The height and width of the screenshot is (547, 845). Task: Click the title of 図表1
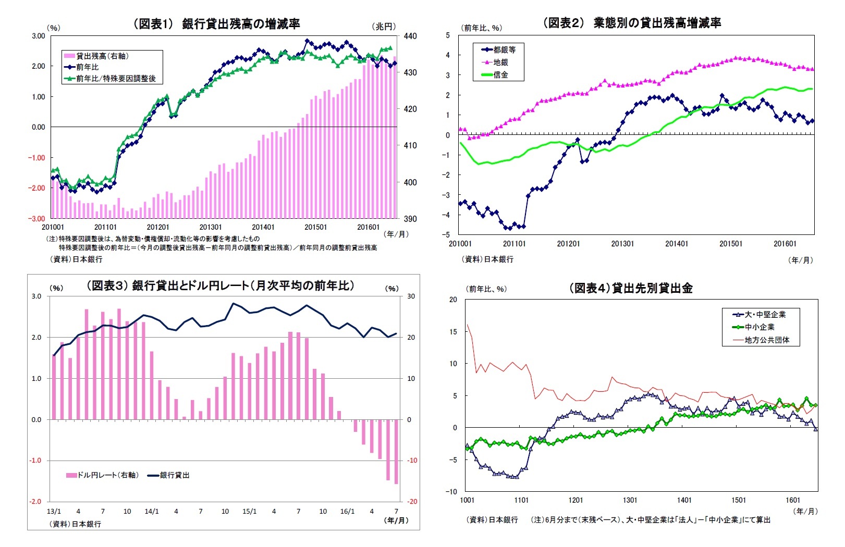216,23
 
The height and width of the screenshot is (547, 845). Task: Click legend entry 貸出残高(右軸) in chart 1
102,56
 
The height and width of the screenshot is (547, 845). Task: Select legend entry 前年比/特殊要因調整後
115,79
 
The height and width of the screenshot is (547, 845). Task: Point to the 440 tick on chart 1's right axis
410,36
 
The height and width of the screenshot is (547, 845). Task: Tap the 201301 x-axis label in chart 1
210,227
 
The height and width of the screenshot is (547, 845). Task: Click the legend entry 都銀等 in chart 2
504,50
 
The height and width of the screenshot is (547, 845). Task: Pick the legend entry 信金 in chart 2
500,75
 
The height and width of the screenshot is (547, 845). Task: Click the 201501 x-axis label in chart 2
730,244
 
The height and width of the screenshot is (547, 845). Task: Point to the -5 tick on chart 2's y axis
447,234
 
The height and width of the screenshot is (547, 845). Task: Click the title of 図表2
632,23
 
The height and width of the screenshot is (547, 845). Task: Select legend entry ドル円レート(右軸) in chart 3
107,475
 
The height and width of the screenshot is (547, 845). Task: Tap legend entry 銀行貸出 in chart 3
174,475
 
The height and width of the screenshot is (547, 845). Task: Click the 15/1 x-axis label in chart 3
250,512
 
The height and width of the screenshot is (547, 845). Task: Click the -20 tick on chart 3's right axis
412,501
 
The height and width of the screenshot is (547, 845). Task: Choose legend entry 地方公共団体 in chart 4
766,340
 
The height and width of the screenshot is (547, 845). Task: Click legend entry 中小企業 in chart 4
759,327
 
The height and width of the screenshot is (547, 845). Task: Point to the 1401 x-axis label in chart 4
684,500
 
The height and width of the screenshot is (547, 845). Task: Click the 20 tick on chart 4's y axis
453,300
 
